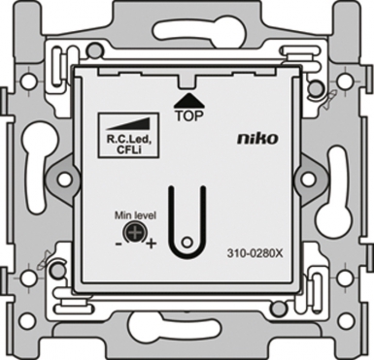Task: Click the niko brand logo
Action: tap(257, 139)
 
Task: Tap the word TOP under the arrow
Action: tap(189, 116)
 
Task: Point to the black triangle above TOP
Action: tap(189, 101)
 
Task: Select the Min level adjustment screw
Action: tap(133, 232)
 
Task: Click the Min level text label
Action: tap(136, 215)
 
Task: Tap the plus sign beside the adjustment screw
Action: tap(151, 244)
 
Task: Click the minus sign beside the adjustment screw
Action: tap(119, 244)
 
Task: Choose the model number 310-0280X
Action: tap(255, 254)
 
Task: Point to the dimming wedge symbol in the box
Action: tap(128, 124)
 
